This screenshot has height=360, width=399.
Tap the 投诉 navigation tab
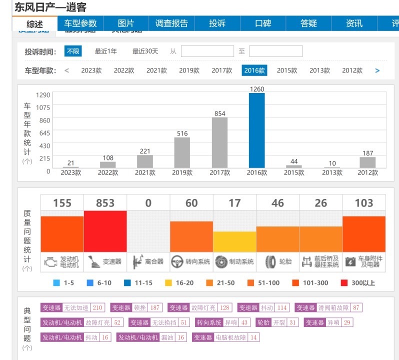[x=217, y=23]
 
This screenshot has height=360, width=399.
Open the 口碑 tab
[x=263, y=23]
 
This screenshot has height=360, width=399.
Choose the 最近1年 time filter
[x=106, y=51]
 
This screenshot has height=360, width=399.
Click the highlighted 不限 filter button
[x=73, y=51]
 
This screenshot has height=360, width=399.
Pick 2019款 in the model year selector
[x=189, y=70]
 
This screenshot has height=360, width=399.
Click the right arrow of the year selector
[x=377, y=70]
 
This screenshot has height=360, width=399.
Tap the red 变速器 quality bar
[x=105, y=231]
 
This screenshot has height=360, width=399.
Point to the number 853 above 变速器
[x=105, y=203]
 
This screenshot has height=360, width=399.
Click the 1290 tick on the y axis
[x=43, y=95]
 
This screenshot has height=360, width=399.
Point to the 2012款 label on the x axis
[x=367, y=173]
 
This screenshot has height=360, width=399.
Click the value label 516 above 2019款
[x=182, y=133]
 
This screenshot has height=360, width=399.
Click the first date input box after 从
[x=207, y=51]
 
